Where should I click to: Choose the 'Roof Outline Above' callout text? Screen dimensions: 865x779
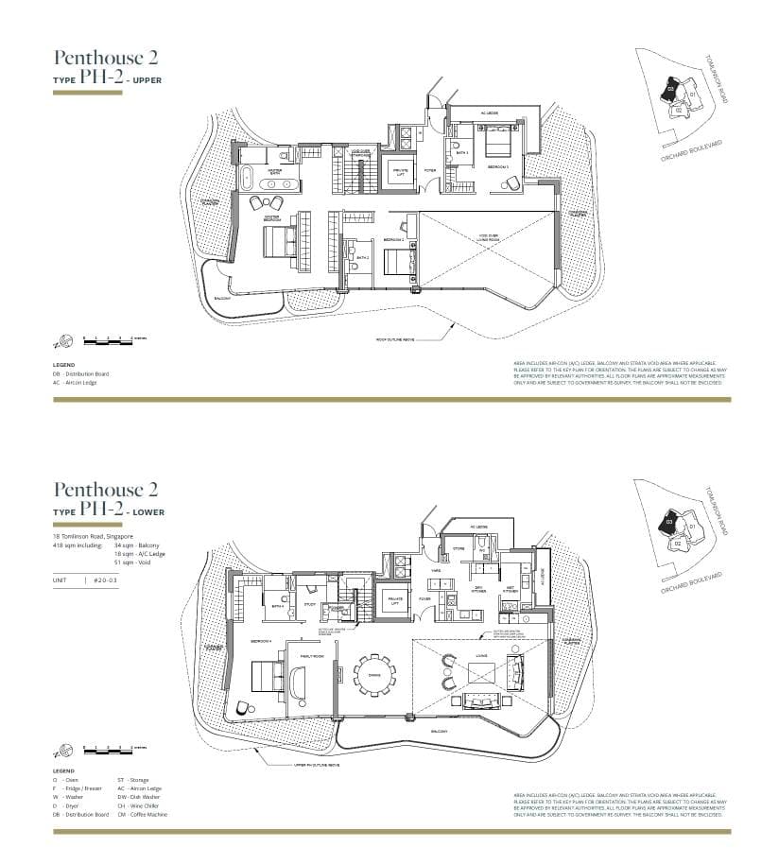(396, 339)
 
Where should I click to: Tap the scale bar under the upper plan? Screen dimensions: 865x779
(107, 338)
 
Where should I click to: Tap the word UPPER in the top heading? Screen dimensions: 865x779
(147, 80)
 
